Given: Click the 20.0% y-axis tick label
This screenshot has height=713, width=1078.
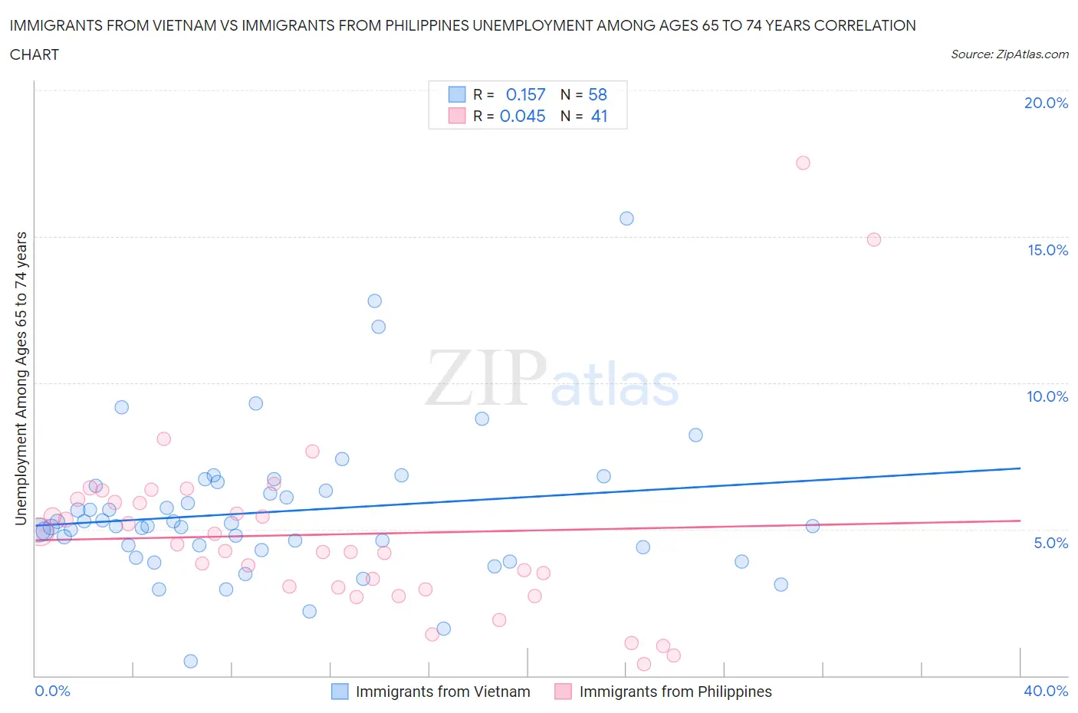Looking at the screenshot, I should (x=1046, y=103).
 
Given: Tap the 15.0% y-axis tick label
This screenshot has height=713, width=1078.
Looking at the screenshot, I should (x=1047, y=250).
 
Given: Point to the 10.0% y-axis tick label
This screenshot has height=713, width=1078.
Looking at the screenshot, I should (x=1047, y=396).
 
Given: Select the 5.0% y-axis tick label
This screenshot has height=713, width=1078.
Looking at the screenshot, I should (x=1050, y=543).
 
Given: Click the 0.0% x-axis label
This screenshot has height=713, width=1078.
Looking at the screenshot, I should (x=52, y=691).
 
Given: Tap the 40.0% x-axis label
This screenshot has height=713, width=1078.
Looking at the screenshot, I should (x=1046, y=691).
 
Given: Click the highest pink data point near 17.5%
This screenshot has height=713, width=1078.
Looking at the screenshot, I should (x=803, y=163).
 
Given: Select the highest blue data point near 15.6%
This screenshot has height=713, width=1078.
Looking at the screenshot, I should (x=626, y=219).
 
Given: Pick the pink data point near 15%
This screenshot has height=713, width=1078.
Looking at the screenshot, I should (x=873, y=239).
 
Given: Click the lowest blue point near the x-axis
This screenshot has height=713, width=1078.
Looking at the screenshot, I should (x=191, y=661).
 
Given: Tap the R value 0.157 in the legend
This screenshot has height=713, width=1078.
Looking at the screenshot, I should (x=525, y=94).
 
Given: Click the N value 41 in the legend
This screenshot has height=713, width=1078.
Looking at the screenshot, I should (x=599, y=116).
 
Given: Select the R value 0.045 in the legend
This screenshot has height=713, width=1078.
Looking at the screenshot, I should (x=522, y=116).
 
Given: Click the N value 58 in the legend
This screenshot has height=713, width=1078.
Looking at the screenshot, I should (x=597, y=94).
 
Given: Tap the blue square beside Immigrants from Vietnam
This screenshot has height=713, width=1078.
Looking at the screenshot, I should (x=340, y=692).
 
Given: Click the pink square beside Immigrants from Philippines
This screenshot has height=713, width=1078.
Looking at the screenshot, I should (x=563, y=692).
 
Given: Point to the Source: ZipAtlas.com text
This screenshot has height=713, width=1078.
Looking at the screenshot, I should (x=1009, y=54).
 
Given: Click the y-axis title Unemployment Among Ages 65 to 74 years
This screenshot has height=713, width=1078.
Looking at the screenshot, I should (x=21, y=378).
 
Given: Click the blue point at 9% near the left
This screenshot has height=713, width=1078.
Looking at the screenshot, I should (x=121, y=407).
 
